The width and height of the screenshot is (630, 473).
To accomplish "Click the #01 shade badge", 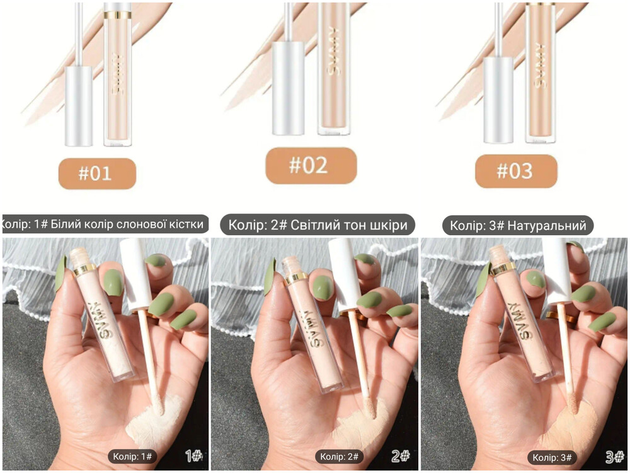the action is pyautogui.click(x=97, y=173).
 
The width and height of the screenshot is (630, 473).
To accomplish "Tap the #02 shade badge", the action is pyautogui.click(x=311, y=165).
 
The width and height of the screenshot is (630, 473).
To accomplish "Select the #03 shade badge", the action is pyautogui.click(x=516, y=171).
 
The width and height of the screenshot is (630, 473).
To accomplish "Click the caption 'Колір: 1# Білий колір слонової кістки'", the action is pyautogui.click(x=105, y=224).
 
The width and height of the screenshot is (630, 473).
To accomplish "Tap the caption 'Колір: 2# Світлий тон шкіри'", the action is pyautogui.click(x=318, y=225).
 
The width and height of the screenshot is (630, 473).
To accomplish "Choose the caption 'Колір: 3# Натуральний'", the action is pyautogui.click(x=518, y=225).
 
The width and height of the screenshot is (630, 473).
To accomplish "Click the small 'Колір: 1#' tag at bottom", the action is pyautogui.click(x=132, y=456).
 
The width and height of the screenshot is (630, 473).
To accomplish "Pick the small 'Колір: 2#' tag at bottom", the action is pyautogui.click(x=339, y=457).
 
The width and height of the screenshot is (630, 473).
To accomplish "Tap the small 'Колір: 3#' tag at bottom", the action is pyautogui.click(x=552, y=457).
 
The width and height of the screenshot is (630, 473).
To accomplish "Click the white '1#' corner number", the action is pyautogui.click(x=193, y=456).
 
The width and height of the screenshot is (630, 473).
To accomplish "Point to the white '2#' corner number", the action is pyautogui.click(x=400, y=456).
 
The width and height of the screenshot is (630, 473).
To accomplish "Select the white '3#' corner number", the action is pyautogui.click(x=614, y=457).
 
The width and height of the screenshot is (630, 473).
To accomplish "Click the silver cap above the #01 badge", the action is pyautogui.click(x=79, y=106).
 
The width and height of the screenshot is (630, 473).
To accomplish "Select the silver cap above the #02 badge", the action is pyautogui.click(x=288, y=88).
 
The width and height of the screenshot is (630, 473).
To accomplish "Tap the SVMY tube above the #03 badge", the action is pyautogui.click(x=541, y=73).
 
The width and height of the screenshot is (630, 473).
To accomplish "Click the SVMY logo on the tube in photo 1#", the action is pyautogui.click(x=101, y=319).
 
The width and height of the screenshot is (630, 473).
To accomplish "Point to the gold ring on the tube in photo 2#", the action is pyautogui.click(x=296, y=278).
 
